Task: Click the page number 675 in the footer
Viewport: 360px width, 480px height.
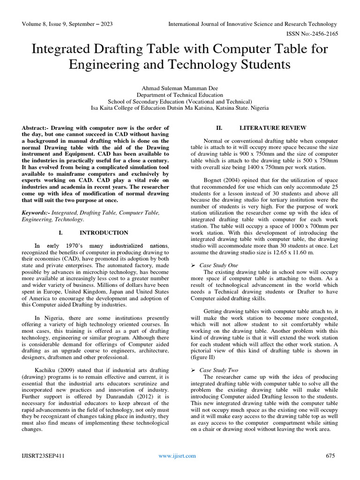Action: coord(331,456)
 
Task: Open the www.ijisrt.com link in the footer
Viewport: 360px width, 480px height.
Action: coord(177,456)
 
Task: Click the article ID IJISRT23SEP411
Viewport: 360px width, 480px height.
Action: coord(42,456)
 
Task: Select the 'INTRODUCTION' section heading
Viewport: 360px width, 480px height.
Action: coord(104,232)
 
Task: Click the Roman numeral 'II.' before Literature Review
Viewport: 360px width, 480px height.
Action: coord(218,128)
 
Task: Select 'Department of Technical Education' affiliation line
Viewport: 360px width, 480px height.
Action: coord(180,94)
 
